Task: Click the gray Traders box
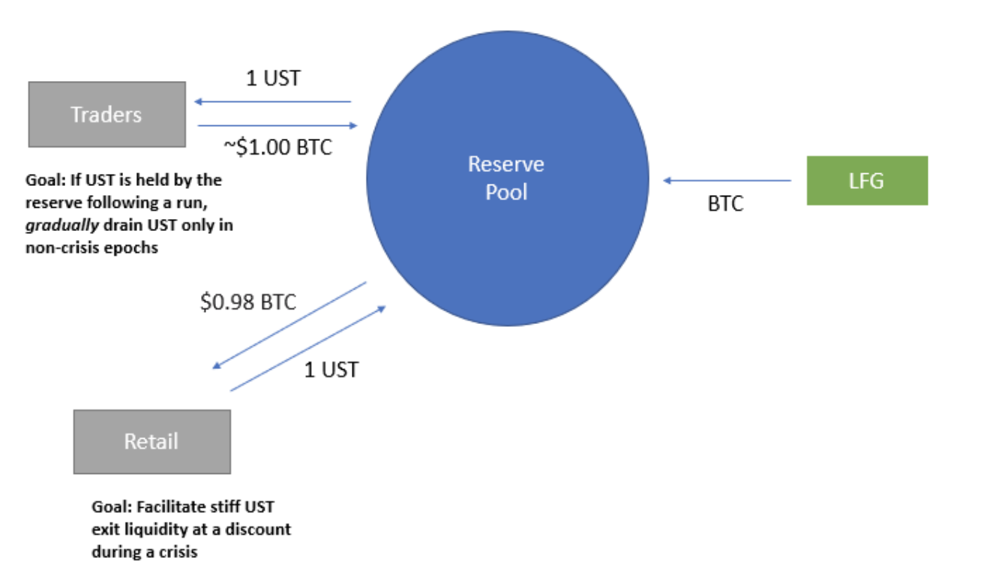(106, 114)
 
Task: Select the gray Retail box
(151, 441)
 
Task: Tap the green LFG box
(866, 180)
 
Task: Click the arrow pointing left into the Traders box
(271, 101)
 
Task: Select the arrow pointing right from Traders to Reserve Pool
(277, 126)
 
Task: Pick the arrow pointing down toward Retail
(289, 325)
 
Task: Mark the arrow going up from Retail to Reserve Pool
(307, 348)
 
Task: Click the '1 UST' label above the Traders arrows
(273, 78)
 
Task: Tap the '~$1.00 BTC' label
(277, 148)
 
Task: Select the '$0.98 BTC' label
(247, 301)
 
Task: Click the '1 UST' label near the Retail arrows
(331, 369)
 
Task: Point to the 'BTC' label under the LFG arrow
(725, 204)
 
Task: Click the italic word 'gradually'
(62, 225)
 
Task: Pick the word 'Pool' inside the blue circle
(506, 192)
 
